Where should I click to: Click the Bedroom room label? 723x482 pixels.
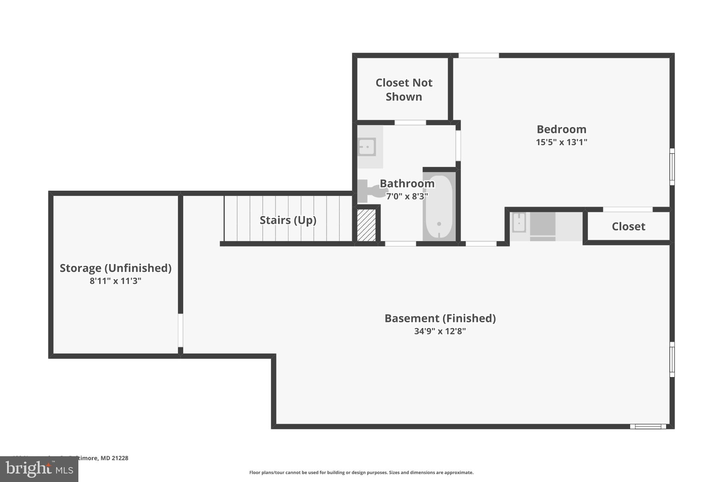pyautogui.click(x=561, y=129)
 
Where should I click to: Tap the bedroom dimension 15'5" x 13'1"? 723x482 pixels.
pyautogui.click(x=561, y=142)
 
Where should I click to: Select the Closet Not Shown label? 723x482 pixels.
pyautogui.click(x=404, y=90)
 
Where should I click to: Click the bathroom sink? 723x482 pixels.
pyautogui.click(x=367, y=147)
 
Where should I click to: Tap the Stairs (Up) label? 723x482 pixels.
pyautogui.click(x=288, y=220)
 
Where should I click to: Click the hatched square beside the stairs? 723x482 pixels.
pyautogui.click(x=366, y=225)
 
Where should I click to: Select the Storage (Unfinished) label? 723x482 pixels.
pyautogui.click(x=115, y=268)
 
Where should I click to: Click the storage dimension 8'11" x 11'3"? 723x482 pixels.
pyautogui.click(x=115, y=281)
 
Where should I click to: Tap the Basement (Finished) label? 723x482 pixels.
pyautogui.click(x=440, y=318)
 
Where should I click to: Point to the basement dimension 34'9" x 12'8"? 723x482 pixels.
pyautogui.click(x=440, y=331)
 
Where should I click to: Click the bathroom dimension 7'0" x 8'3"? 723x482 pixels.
pyautogui.click(x=407, y=196)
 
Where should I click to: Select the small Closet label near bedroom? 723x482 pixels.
pyautogui.click(x=628, y=226)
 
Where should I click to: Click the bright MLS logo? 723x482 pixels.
pyautogui.click(x=39, y=469)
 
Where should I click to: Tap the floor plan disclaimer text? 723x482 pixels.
pyautogui.click(x=361, y=472)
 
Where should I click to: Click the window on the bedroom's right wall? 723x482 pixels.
pyautogui.click(x=672, y=167)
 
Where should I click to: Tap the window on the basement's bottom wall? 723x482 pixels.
pyautogui.click(x=648, y=427)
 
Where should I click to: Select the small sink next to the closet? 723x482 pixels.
pyautogui.click(x=519, y=222)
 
